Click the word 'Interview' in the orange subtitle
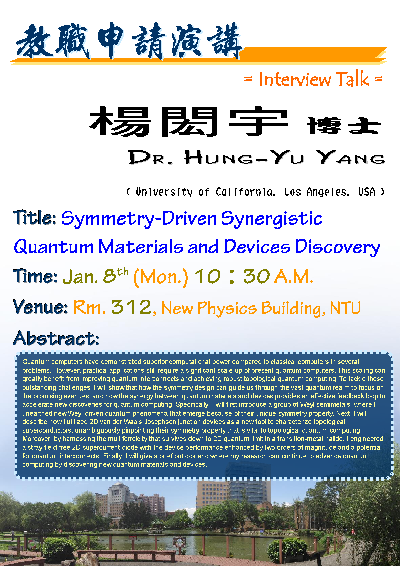(x=294, y=79)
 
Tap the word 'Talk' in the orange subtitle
(x=353, y=79)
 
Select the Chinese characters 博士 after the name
(x=344, y=125)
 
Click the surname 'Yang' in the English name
(x=351, y=157)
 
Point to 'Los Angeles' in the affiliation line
(x=317, y=192)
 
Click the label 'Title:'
(x=35, y=217)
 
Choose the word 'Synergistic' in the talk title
(x=272, y=219)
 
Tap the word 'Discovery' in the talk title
(x=337, y=247)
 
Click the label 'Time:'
(x=35, y=276)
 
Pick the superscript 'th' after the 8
(x=123, y=272)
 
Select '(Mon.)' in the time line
(x=161, y=277)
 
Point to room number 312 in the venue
(x=131, y=307)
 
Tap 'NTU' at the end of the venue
(x=345, y=308)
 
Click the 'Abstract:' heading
(x=56, y=338)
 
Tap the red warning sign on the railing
(x=133, y=538)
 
